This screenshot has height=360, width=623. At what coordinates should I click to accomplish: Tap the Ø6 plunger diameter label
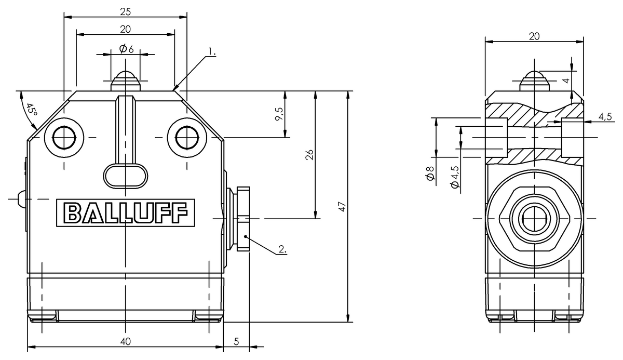click(x=126, y=49)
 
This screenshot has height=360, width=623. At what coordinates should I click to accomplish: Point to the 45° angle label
click(x=32, y=110)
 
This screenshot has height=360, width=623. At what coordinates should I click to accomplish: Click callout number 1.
click(x=211, y=52)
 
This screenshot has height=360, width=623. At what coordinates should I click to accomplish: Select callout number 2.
click(x=282, y=249)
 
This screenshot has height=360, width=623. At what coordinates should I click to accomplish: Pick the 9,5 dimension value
click(x=279, y=114)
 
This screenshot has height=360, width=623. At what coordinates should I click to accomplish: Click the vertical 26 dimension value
click(x=309, y=154)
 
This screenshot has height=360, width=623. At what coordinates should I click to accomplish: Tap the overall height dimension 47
click(x=342, y=206)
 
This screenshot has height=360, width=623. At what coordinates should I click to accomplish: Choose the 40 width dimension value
click(x=125, y=341)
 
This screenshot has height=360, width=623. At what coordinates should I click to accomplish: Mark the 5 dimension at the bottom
click(x=237, y=341)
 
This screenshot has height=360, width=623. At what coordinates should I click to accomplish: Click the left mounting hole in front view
click(x=64, y=138)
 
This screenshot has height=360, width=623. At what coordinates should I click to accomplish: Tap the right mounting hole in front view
click(x=186, y=138)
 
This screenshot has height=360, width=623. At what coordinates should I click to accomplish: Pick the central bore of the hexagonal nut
click(x=534, y=219)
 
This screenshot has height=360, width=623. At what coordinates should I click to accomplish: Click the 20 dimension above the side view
click(x=534, y=36)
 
